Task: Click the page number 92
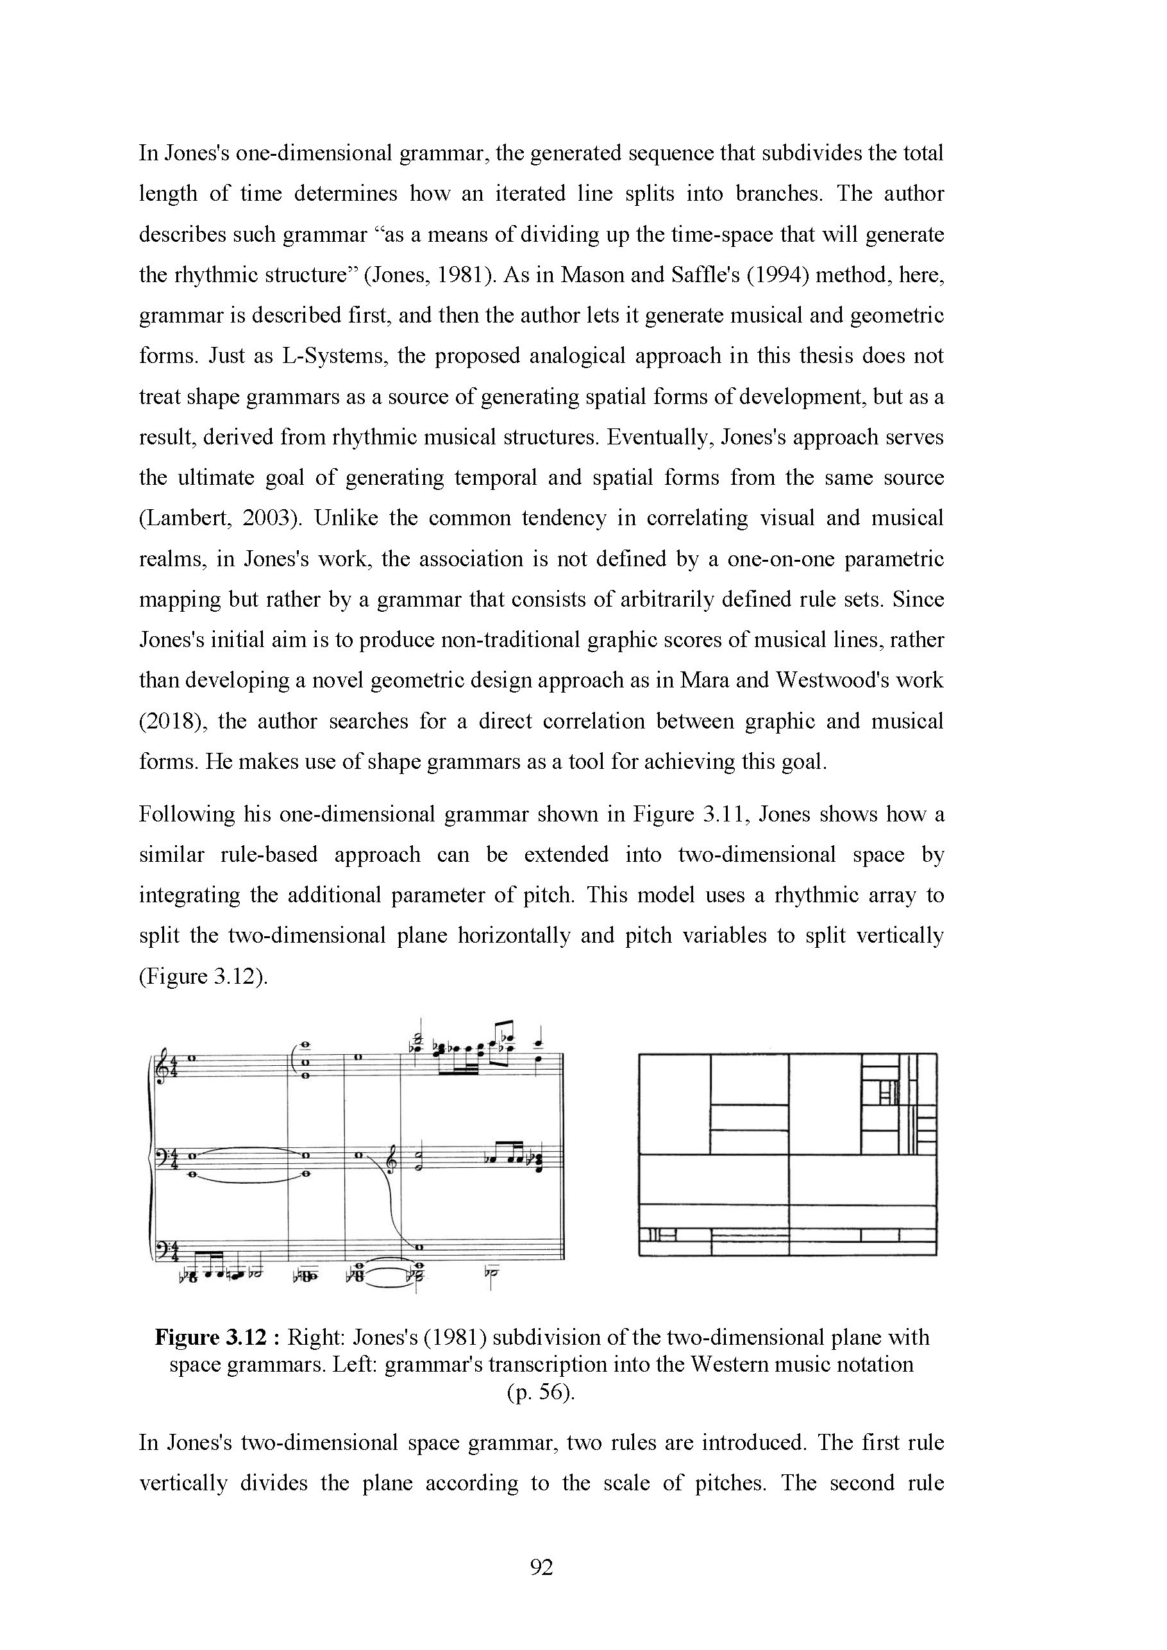tap(541, 1567)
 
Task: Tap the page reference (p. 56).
tap(541, 1392)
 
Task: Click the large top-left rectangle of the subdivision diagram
tap(674, 1103)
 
